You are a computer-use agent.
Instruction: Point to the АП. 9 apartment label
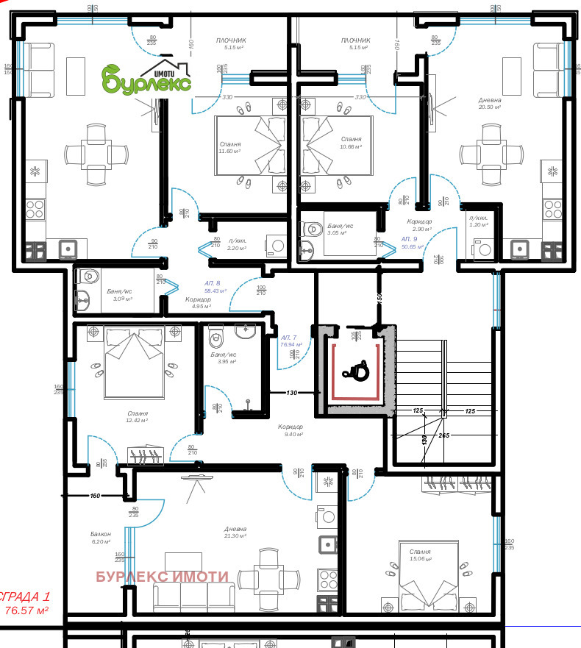[x=410, y=243]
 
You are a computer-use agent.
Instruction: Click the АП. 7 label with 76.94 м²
[x=289, y=340]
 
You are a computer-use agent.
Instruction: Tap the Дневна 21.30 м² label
[x=235, y=532]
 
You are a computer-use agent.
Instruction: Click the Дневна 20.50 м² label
[x=490, y=103]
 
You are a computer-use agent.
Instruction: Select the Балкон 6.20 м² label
[x=100, y=537]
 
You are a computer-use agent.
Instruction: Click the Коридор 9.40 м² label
[x=290, y=430]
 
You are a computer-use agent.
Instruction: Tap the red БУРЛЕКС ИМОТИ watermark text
[x=163, y=577]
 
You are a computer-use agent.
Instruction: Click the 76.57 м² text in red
[x=26, y=610]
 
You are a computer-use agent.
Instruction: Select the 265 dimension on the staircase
[x=443, y=435]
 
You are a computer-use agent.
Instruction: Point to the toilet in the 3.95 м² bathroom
[x=217, y=338]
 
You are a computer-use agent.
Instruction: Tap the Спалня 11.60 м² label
[x=230, y=148]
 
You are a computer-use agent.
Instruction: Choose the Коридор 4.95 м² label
[x=197, y=302]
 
